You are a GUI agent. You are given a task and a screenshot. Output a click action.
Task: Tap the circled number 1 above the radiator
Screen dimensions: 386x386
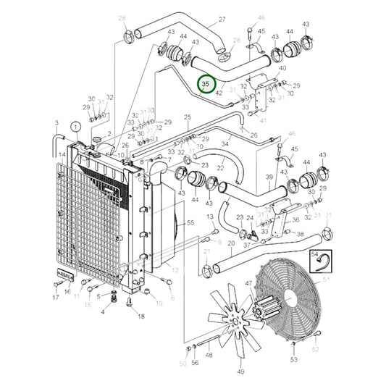74,127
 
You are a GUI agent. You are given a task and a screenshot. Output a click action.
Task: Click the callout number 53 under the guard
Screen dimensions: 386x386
294,359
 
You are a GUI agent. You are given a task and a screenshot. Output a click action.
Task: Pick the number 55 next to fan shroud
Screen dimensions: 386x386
190,224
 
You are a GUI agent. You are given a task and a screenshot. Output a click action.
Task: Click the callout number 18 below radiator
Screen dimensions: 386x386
140,316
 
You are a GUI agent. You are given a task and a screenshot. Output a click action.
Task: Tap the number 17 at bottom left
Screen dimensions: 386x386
55,298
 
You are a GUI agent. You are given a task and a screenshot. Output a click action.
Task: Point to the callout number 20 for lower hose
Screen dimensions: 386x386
230,244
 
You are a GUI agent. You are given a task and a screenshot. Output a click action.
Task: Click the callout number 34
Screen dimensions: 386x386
225,144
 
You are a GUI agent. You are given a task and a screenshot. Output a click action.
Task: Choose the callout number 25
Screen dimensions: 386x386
188,117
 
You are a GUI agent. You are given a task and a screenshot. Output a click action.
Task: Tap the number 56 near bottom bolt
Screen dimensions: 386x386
195,363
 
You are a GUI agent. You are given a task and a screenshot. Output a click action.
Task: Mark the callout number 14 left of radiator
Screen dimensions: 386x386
63,154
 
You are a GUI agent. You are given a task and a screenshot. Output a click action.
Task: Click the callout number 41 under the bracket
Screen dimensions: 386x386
263,121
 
